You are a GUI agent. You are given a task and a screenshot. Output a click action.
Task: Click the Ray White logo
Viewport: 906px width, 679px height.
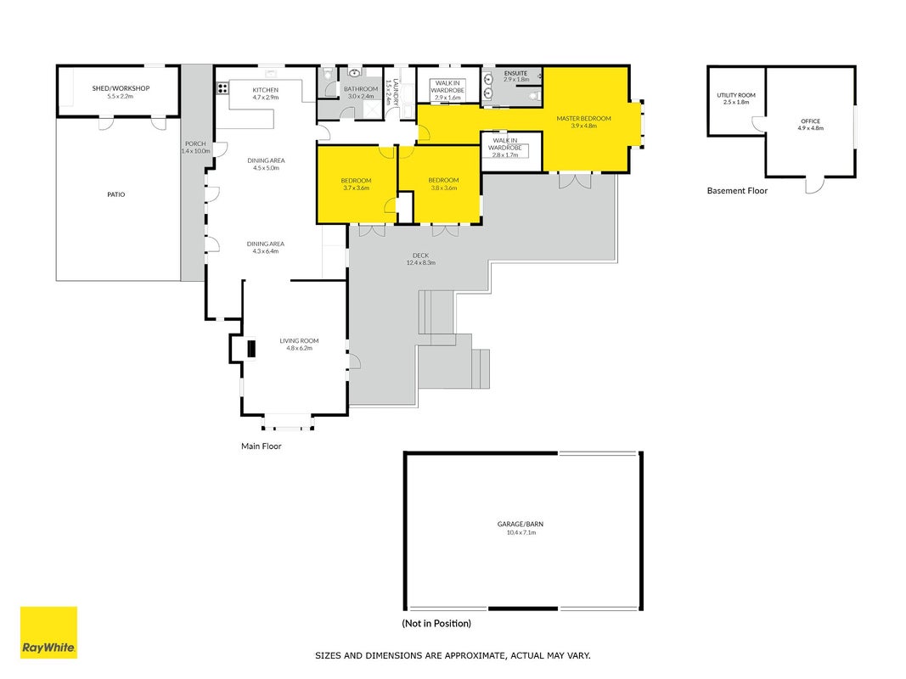pyautogui.click(x=48, y=632)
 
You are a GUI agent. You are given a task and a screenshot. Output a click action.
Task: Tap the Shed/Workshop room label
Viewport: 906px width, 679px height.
pyautogui.click(x=121, y=88)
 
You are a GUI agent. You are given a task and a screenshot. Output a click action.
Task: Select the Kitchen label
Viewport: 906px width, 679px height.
pyautogui.click(x=266, y=90)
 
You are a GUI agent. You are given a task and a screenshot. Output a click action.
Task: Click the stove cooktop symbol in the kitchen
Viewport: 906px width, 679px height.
pyautogui.click(x=222, y=88)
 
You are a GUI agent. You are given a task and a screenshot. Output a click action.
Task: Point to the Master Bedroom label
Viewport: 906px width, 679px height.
pyautogui.click(x=583, y=118)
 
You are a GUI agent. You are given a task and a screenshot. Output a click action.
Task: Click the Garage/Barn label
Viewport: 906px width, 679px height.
pyautogui.click(x=521, y=525)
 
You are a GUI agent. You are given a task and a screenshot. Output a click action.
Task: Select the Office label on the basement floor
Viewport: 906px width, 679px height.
pyautogui.click(x=811, y=121)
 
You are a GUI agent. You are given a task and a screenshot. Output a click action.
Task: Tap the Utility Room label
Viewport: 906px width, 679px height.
pyautogui.click(x=736, y=95)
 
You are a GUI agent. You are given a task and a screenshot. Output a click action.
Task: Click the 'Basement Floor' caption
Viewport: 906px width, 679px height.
pyautogui.click(x=737, y=190)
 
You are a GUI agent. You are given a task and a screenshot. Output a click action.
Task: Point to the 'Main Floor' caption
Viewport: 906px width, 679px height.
pyautogui.click(x=262, y=446)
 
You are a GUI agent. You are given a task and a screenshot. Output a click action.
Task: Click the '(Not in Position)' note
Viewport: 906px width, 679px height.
pyautogui.click(x=436, y=624)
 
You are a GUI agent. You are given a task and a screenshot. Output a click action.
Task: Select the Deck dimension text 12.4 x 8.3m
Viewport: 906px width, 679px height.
pyautogui.click(x=420, y=263)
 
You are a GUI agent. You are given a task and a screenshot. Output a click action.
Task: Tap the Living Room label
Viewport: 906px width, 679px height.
pyautogui.click(x=299, y=340)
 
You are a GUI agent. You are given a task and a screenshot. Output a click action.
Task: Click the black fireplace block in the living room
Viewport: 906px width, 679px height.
pyautogui.click(x=251, y=350)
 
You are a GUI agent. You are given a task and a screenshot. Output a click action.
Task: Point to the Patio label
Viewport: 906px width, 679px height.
pyautogui.click(x=116, y=194)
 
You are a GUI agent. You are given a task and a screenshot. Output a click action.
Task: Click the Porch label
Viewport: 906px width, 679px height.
pyautogui.click(x=195, y=143)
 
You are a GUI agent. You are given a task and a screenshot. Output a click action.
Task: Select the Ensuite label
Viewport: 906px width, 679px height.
pyautogui.click(x=515, y=73)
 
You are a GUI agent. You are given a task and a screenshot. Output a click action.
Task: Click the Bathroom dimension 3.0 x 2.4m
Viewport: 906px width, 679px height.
pyautogui.click(x=361, y=97)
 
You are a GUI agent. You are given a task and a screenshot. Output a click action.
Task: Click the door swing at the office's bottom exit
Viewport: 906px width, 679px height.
pyautogui.click(x=815, y=186)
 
